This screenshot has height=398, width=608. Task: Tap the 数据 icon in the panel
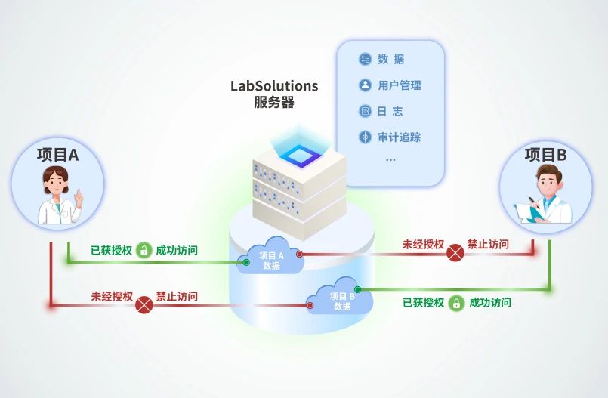pyautogui.click(x=365, y=60)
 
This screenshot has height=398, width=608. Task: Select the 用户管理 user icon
pyautogui.click(x=365, y=85)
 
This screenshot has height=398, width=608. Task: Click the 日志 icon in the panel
pyautogui.click(x=365, y=111)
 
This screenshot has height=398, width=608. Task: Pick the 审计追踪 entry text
pyautogui.click(x=400, y=137)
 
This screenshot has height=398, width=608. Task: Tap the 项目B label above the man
pyautogui.click(x=545, y=155)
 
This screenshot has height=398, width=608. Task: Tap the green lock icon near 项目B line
pyautogui.click(x=455, y=303)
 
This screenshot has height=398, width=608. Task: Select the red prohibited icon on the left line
pyautogui.click(x=144, y=304)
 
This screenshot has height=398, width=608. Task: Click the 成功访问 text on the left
pyautogui.click(x=177, y=250)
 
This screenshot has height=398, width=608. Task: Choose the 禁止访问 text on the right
pyautogui.click(x=488, y=245)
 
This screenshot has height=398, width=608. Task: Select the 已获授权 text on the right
pyautogui.click(x=423, y=303)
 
